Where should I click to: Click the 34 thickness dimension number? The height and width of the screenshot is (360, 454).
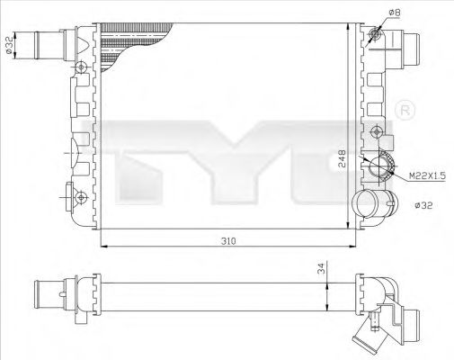323,269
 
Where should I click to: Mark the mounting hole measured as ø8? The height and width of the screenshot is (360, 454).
375,34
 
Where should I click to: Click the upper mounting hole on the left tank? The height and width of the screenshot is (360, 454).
81,67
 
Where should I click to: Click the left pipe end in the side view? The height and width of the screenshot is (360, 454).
49,293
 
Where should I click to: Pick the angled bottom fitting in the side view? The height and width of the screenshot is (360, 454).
370,338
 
